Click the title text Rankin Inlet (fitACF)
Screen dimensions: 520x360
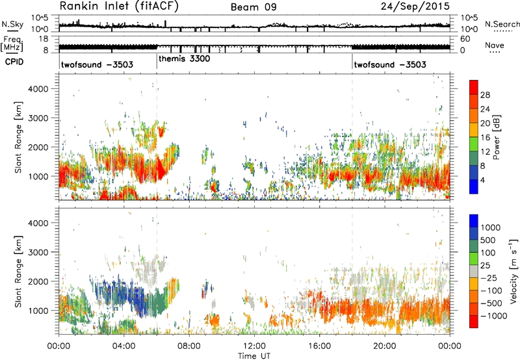coord(119,6)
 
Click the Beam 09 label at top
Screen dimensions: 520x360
coord(253,7)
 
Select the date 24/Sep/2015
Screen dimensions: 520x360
coord(415,6)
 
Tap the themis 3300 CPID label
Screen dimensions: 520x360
coord(185,59)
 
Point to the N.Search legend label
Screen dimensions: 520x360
coord(502,24)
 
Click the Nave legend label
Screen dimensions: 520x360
coord(495,45)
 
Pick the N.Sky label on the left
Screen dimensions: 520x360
coord(12,24)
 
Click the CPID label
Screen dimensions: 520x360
coord(14,62)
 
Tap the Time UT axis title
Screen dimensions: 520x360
coord(254,356)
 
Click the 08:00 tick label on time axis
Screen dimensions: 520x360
coord(189,346)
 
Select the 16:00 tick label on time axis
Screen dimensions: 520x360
coord(319,346)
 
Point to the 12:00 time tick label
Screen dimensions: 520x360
coord(254,346)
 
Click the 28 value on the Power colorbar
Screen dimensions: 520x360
coord(485,95)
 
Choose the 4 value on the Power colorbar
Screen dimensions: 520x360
coord(483,181)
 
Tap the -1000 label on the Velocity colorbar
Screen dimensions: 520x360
coord(494,316)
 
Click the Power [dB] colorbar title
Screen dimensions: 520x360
coord(497,137)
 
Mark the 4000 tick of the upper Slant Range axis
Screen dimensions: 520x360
coord(38,89)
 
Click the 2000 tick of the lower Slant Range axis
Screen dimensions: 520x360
coord(38,281)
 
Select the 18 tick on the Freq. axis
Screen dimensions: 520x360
coord(44,39)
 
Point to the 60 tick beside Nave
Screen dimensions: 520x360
coord(465,39)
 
